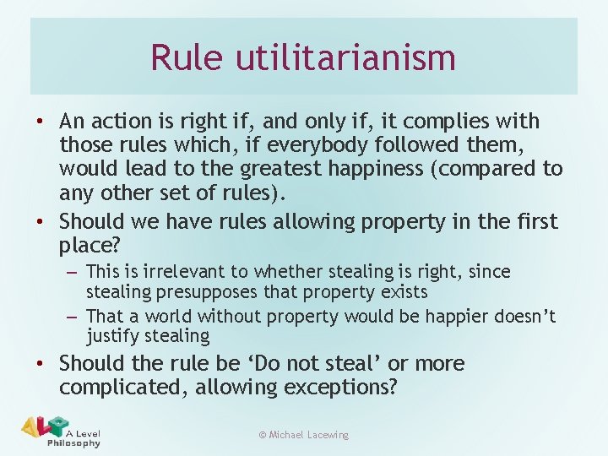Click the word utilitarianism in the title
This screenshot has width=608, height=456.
click(x=346, y=57)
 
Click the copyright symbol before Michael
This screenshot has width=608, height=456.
click(x=262, y=435)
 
